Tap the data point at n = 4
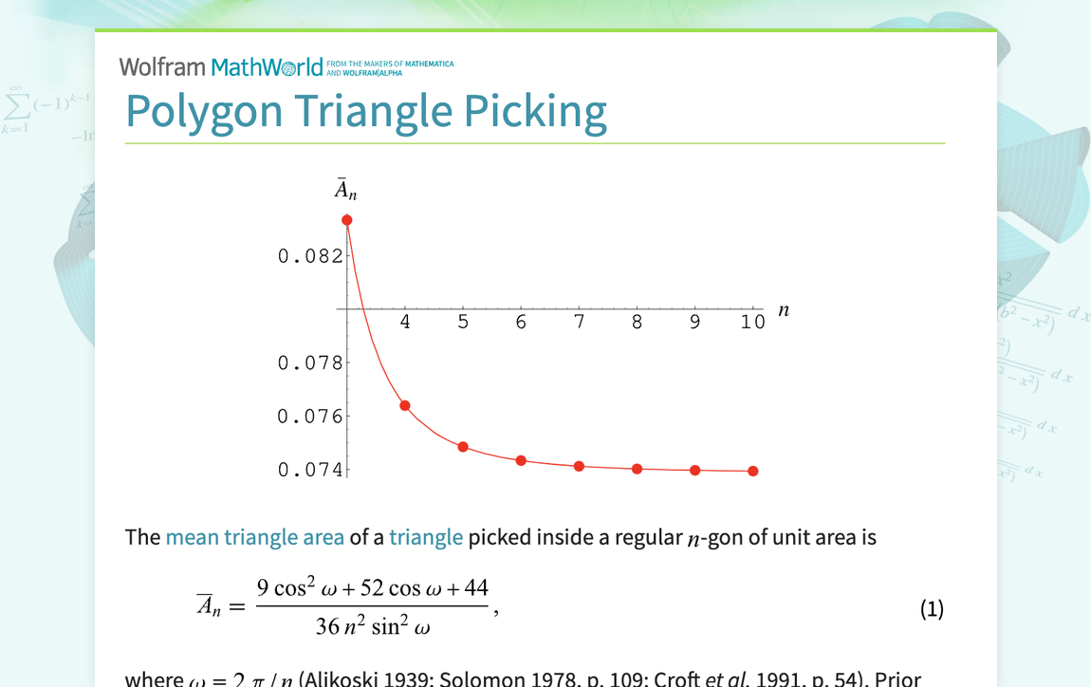(405, 406)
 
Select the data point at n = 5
(463, 447)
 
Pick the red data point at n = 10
(753, 471)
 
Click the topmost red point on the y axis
(347, 220)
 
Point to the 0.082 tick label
(309, 256)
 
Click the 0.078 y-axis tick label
(309, 362)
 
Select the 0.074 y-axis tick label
(309, 470)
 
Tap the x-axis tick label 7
(579, 323)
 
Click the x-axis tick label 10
(753, 323)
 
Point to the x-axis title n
(783, 310)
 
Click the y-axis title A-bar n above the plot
(345, 191)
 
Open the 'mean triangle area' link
(254, 538)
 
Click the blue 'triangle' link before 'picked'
(426, 538)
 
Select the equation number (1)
(932, 609)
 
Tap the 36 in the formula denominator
(328, 627)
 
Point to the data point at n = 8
(638, 469)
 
